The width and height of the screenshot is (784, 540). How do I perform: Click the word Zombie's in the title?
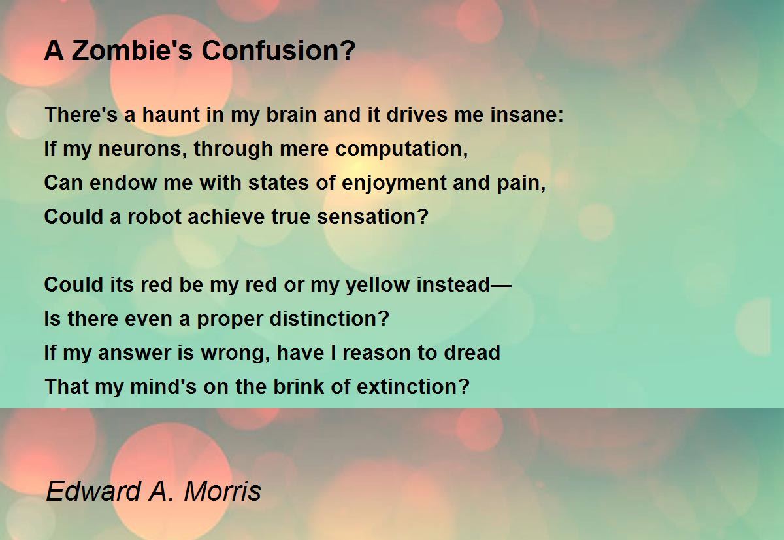132,50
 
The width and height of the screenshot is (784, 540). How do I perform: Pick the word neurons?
139,148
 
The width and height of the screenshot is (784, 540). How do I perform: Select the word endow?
123,182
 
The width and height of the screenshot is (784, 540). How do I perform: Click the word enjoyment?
394,183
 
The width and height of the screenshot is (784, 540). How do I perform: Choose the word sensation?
368,216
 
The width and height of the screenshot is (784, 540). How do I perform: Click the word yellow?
378,285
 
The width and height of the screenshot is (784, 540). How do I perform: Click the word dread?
472,352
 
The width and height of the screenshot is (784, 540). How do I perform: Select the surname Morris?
223,490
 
